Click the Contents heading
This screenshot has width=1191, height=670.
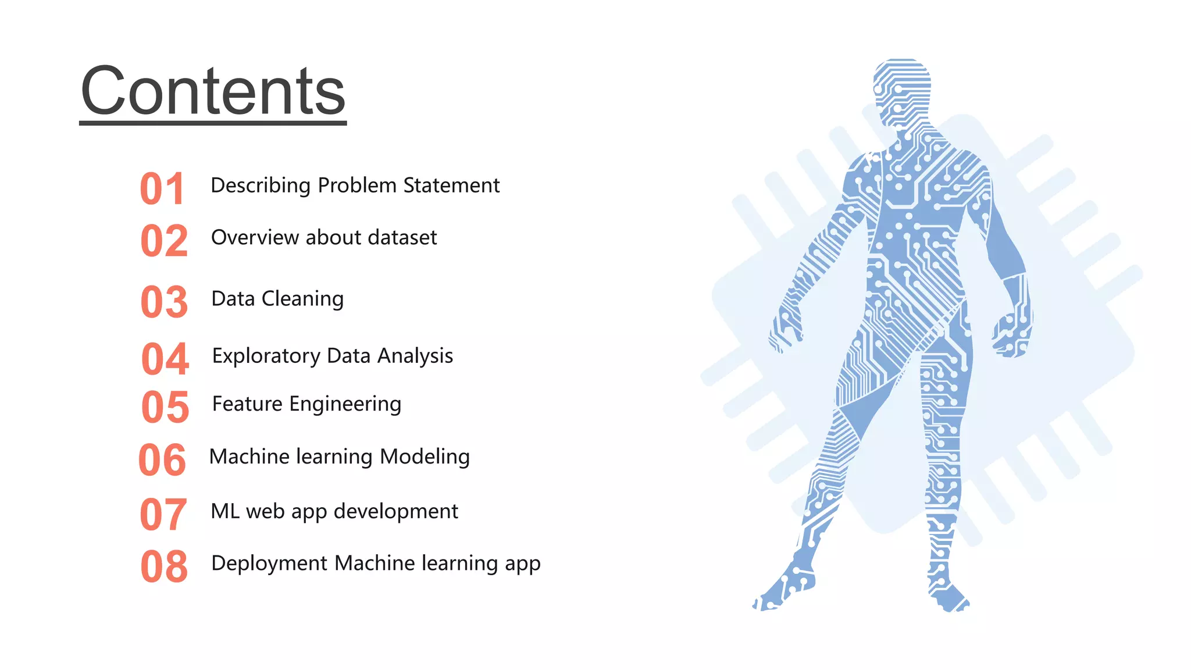213,92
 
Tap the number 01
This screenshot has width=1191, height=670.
162,189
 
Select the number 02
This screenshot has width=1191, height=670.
164,241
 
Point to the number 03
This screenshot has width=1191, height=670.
164,302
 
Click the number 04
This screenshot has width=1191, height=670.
165,359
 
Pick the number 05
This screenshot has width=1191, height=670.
165,407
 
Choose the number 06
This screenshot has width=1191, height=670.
162,460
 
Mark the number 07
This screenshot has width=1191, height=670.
163,515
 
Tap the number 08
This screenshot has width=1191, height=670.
164,566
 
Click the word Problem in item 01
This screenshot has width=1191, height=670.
357,186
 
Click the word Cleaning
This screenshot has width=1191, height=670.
302,299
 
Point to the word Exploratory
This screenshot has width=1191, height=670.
266,356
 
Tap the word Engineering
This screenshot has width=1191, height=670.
345,404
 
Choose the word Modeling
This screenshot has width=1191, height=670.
425,457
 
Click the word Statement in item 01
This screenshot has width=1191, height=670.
451,186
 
